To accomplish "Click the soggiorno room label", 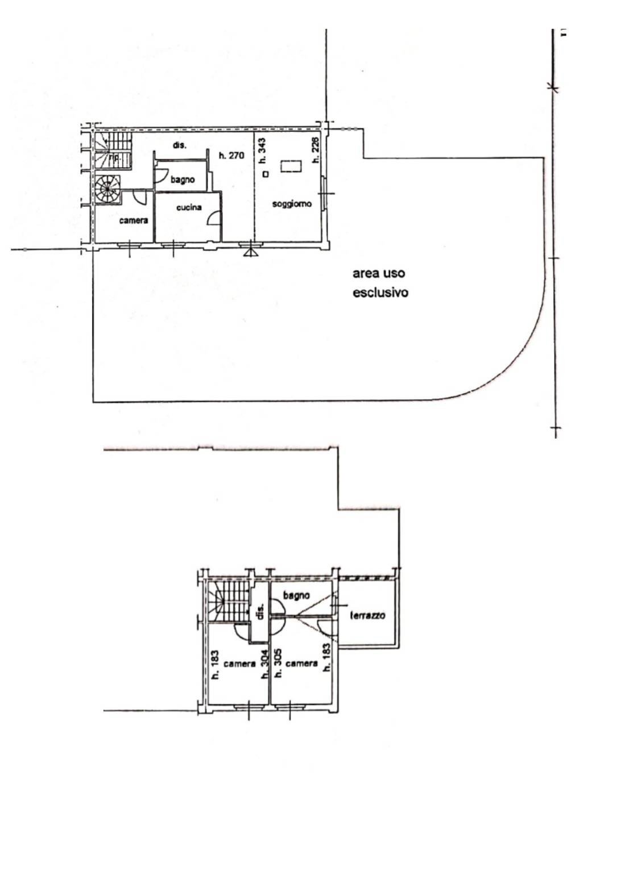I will click(x=291, y=204).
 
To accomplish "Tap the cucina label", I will click(x=188, y=207).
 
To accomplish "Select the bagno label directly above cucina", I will click(x=183, y=180).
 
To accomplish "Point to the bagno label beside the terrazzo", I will click(x=296, y=595).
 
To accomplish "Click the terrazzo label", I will click(x=368, y=615).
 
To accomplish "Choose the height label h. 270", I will click(x=231, y=155).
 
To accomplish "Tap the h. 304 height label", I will click(x=264, y=664).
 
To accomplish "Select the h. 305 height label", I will click(x=278, y=664).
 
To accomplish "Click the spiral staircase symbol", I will click(x=108, y=189).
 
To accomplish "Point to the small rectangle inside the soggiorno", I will click(x=291, y=166).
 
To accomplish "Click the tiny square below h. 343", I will click(x=265, y=174).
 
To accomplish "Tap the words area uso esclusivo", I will click(x=380, y=283).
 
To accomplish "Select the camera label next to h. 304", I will click(x=239, y=664).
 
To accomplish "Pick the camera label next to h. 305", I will click(x=301, y=664).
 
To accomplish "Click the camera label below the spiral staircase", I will click(x=134, y=220).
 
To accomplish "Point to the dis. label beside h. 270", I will click(x=180, y=145).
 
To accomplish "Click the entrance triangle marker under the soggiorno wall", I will click(x=249, y=251).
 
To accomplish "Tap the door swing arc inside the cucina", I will click(x=214, y=218).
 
